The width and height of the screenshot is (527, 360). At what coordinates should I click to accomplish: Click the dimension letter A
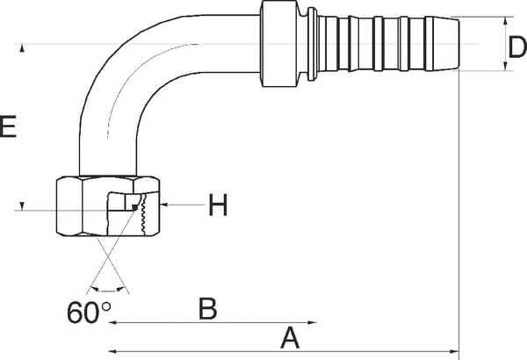click(x=290, y=338)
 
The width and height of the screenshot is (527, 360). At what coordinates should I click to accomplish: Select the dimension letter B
click(x=207, y=308)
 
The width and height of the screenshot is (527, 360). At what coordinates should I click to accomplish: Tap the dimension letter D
click(x=517, y=47)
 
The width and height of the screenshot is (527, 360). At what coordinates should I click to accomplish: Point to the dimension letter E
click(x=8, y=126)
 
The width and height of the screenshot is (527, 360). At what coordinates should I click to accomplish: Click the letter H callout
click(x=218, y=205)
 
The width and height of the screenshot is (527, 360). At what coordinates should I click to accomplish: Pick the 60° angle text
click(x=89, y=313)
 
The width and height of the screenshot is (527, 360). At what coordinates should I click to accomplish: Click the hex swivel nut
click(x=107, y=205)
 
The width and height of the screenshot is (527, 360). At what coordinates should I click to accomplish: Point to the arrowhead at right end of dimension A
click(x=454, y=351)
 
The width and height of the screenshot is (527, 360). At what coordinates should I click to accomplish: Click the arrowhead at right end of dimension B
click(x=313, y=323)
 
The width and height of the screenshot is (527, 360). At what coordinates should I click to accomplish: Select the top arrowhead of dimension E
click(x=22, y=48)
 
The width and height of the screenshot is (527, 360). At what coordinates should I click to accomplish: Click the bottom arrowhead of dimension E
click(x=22, y=205)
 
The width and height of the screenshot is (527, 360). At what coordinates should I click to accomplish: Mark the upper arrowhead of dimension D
click(x=505, y=22)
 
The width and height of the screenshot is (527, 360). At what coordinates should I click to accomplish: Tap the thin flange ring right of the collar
click(x=312, y=44)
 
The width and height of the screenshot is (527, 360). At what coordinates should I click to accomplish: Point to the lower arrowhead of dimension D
click(x=505, y=66)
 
